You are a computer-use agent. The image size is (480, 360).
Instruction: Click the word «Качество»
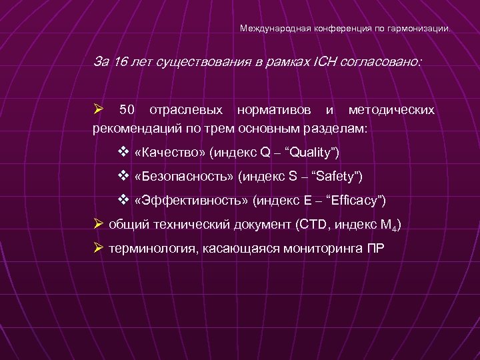(x=170, y=153)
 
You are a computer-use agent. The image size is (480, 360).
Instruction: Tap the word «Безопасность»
(x=185, y=176)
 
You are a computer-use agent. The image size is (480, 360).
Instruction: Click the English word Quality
(x=312, y=153)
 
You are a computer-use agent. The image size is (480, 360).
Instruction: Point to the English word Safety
(x=337, y=176)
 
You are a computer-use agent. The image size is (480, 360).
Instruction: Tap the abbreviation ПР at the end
(x=375, y=249)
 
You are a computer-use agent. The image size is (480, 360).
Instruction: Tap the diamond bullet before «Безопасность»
(x=122, y=176)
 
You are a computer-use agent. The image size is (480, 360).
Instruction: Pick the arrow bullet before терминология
(x=98, y=248)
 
